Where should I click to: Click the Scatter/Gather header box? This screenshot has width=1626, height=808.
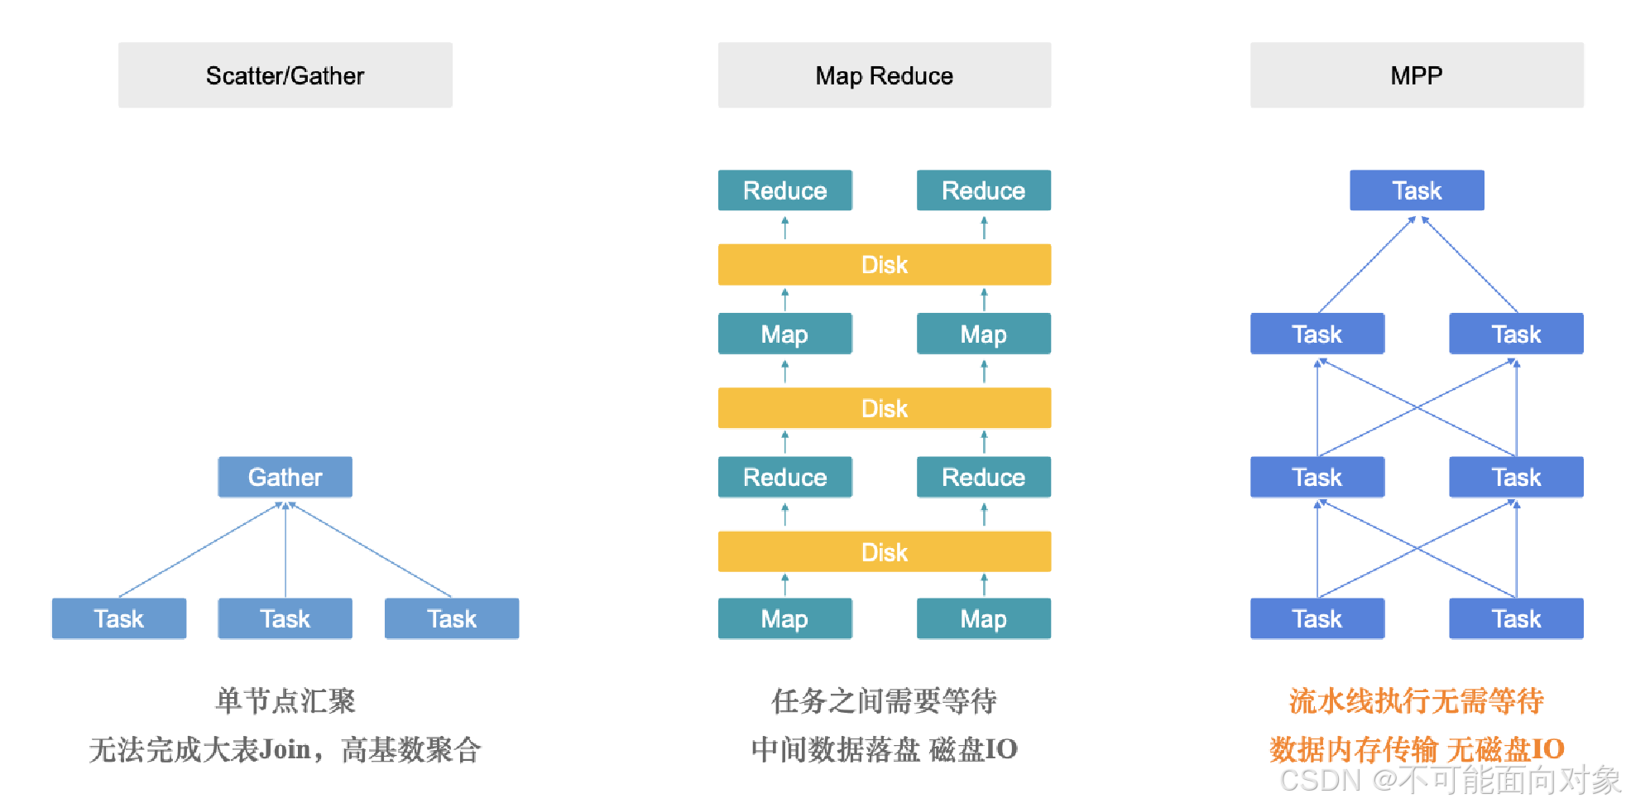285,75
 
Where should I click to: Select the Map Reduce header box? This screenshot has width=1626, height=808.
884,75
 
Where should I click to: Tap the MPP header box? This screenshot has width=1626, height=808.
1416,75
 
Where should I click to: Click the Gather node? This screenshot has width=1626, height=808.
285,477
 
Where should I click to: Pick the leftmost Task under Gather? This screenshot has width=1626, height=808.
118,618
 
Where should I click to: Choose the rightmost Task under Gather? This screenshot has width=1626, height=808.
451,618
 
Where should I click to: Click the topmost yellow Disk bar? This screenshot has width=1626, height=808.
884,264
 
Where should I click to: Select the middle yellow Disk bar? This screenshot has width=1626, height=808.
884,408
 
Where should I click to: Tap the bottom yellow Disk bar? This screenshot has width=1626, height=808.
884,551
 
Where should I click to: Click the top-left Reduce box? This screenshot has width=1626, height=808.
784,190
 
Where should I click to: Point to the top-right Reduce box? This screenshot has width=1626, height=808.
983,190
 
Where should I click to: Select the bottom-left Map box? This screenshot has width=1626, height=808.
784,618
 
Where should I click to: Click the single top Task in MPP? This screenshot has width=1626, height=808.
1416,190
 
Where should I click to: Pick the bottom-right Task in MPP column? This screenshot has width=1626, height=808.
1515,618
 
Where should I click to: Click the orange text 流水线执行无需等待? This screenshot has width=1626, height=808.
1416,700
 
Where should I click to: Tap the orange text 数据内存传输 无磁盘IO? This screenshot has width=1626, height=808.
1416,749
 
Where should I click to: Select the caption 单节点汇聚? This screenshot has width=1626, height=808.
285,700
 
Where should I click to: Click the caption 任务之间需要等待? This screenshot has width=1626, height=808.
884,700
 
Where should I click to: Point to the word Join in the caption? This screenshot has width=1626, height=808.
285,749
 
